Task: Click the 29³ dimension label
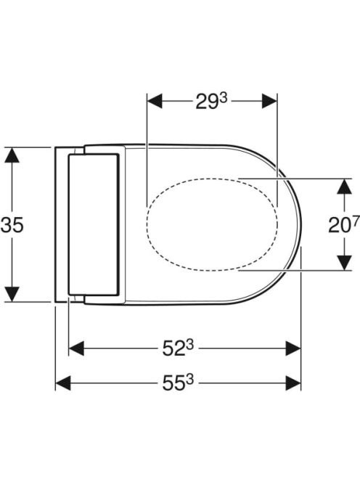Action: click(x=211, y=102)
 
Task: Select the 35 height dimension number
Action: click(x=12, y=225)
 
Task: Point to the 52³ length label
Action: click(x=178, y=348)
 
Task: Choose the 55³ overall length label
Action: click(x=178, y=383)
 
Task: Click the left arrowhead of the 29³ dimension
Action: click(x=155, y=101)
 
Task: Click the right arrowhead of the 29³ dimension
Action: click(x=269, y=101)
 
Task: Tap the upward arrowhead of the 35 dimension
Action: click(x=12, y=155)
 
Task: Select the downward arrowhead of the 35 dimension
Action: click(x=12, y=294)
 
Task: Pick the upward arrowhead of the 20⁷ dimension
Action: click(x=344, y=187)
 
